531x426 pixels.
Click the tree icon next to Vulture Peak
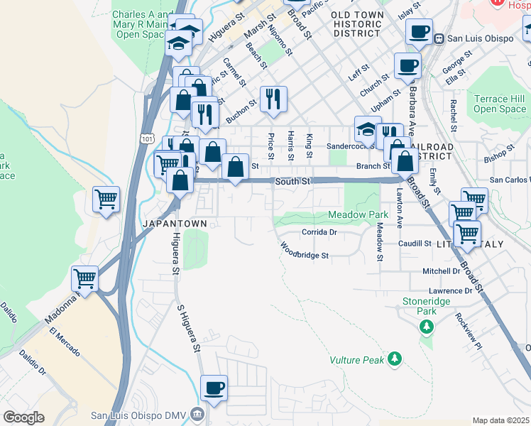coord(395,361)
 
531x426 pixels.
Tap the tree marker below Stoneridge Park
coord(426,327)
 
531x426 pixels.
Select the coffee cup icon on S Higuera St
coord(214,388)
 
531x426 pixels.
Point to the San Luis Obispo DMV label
coord(141,415)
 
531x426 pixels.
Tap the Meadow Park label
coord(358,214)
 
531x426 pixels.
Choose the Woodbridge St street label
coord(304,251)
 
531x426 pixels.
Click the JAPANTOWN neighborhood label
coord(175,223)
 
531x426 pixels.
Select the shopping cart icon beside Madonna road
coord(84,279)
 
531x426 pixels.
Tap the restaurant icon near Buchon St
coord(273,99)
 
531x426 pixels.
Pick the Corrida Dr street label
coord(318,231)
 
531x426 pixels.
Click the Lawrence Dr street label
coord(450,291)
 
